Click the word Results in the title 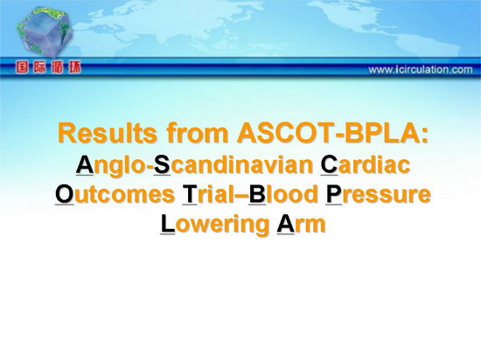(108, 134)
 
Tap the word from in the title (198, 134)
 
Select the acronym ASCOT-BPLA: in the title (332, 134)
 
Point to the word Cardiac (366, 165)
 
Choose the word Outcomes (115, 195)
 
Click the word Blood (283, 195)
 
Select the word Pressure (378, 195)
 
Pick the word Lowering (215, 225)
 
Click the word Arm (301, 224)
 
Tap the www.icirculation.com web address (421, 70)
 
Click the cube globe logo (45, 31)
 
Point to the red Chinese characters (48, 67)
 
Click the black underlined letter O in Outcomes (65, 195)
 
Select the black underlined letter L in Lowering (168, 224)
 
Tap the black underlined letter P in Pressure (333, 195)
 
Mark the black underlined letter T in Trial (189, 195)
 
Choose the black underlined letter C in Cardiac (329, 165)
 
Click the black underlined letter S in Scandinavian (162, 165)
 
